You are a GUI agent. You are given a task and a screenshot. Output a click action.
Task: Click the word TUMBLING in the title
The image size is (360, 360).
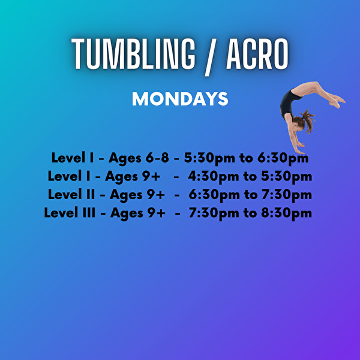(134, 55)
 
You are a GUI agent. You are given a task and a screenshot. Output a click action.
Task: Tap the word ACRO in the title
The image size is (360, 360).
(259, 55)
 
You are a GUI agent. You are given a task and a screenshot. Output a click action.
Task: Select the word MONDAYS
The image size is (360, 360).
(180, 99)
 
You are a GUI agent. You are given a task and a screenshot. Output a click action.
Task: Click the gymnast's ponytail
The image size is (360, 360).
(308, 119)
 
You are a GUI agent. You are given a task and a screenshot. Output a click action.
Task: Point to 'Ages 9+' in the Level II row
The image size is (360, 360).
(139, 194)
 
